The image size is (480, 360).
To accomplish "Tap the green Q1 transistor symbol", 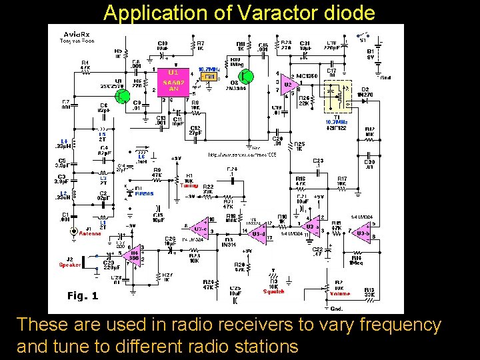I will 122,95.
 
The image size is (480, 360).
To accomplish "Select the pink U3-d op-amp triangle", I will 257,233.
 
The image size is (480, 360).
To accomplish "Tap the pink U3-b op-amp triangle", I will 363,233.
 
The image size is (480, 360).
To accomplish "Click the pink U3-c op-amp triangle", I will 199,227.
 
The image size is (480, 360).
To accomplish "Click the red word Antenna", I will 89,233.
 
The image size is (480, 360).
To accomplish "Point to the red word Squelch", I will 273,291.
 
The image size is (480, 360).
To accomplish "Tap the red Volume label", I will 339,293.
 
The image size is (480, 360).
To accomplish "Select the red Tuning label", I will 189,186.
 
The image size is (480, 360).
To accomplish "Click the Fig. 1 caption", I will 83,295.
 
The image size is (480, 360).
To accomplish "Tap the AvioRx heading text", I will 75,34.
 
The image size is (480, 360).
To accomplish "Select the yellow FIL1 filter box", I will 209,77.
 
